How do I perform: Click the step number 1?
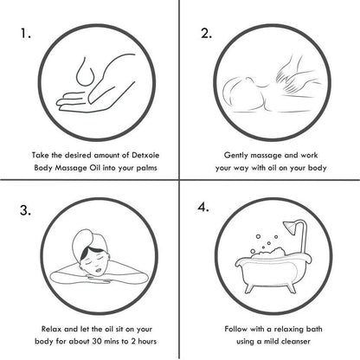point(25,34)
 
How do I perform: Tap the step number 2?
point(206,34)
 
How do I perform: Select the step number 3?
point(25,210)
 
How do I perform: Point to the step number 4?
point(203,207)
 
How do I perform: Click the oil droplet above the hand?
point(85,72)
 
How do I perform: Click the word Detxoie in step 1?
point(145,155)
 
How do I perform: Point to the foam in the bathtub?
point(268,254)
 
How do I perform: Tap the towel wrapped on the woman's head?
point(86,241)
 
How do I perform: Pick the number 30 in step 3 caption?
point(97,341)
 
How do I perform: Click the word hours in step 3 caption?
point(147,341)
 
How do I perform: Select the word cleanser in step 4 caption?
point(296,341)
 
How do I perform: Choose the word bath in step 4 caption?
point(314,329)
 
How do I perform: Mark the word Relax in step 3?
point(51,329)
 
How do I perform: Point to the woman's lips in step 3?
point(99,270)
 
